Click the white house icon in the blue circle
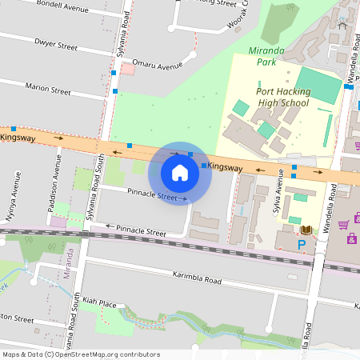[x=180, y=172]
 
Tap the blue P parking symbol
[x=302, y=245]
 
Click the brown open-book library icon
[x=306, y=230]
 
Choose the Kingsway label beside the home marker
[x=225, y=168]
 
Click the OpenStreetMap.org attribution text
[x=107, y=354]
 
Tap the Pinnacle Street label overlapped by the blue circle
[x=155, y=195]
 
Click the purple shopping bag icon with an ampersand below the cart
[x=352, y=238]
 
